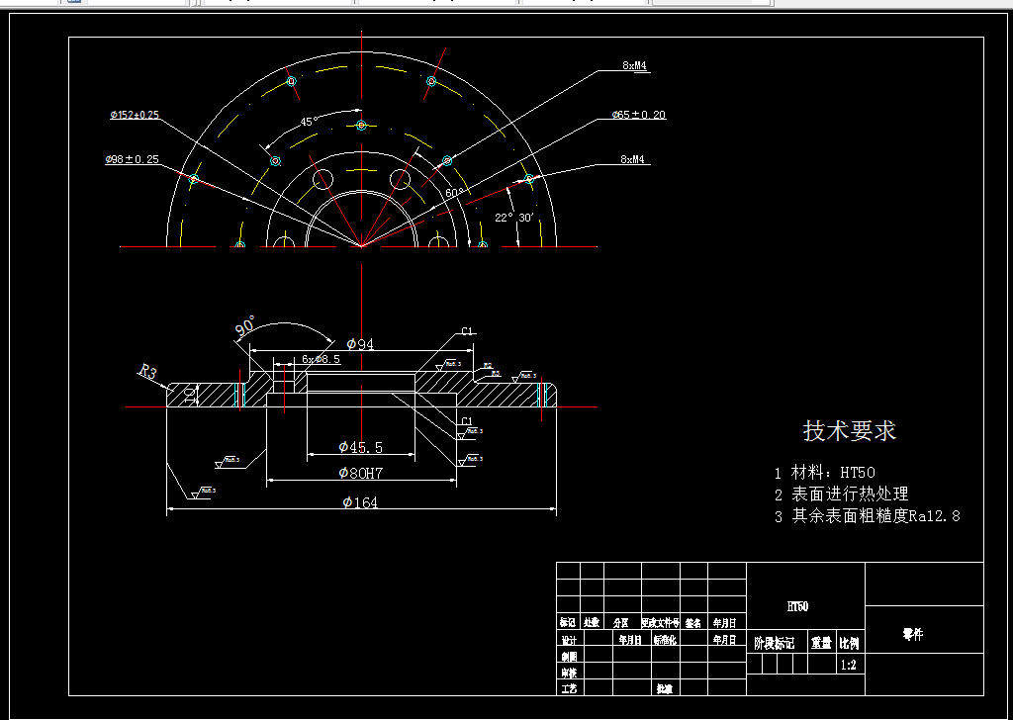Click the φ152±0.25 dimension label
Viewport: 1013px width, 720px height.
pos(135,115)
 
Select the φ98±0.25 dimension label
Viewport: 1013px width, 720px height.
pos(133,159)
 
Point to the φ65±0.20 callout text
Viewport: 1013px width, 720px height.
pos(638,115)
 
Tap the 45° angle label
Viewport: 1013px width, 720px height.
pos(309,122)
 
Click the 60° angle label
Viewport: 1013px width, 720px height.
pos(454,193)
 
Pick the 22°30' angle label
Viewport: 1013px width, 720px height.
pos(514,218)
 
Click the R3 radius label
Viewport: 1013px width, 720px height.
pos(147,372)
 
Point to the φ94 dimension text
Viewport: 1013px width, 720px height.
pos(357,344)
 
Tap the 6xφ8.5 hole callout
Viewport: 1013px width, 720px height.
pos(322,359)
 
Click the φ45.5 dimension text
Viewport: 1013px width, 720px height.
pos(360,448)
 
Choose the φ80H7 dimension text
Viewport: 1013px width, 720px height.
pos(360,473)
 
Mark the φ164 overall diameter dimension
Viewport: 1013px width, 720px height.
pos(360,502)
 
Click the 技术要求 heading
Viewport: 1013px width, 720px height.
pos(849,431)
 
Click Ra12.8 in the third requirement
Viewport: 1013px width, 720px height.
pos(934,515)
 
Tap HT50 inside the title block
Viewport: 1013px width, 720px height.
pos(797,606)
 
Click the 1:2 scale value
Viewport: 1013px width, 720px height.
pos(848,666)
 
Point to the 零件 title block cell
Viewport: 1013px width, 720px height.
pos(912,635)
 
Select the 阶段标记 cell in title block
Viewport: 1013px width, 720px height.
pos(775,643)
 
